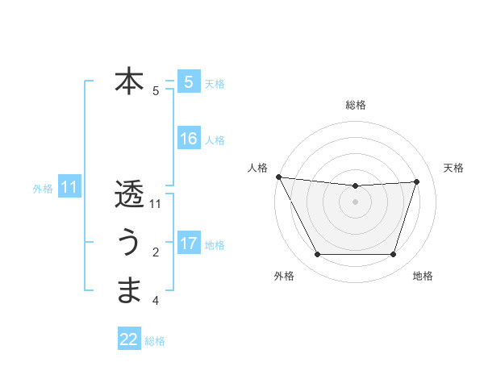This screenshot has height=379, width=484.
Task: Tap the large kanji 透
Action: pos(129,194)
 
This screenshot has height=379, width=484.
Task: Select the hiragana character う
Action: pos(129,243)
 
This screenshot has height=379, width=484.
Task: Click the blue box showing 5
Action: pos(188,82)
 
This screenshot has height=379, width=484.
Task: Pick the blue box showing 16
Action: pos(188,139)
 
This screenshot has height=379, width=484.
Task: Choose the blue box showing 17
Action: pos(188,244)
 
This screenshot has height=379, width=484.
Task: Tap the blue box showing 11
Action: pos(69,188)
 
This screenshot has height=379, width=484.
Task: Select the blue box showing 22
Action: pos(129,339)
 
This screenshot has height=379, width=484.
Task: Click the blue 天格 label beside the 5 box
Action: pos(215,84)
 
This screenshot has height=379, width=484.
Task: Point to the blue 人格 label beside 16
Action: pos(215,140)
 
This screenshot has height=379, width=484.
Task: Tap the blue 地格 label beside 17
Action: pos(215,245)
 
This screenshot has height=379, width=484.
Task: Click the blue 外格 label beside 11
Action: pos(43,189)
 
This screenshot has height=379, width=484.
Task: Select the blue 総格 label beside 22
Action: pos(155,341)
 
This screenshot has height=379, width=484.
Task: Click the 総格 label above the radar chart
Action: pos(356,105)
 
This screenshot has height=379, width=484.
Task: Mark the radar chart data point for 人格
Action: pos(278,177)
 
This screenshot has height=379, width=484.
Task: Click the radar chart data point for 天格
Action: pos(417,181)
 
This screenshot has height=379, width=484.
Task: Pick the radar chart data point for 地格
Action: pos(394,255)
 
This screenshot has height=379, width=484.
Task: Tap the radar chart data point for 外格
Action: pos(317,255)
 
